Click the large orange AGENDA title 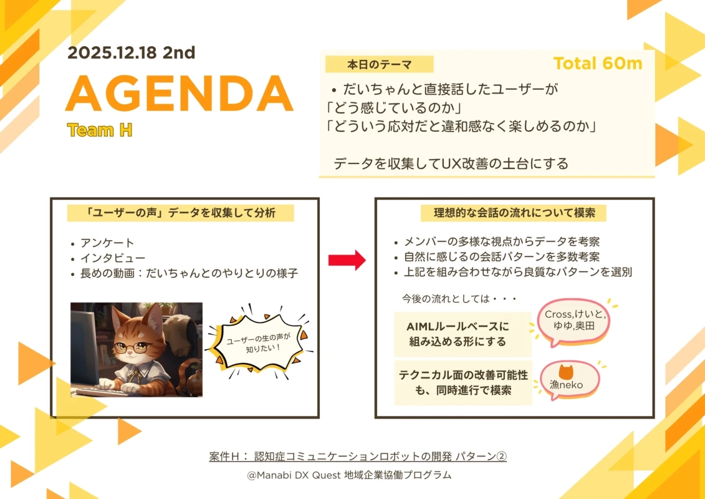[x=180, y=94]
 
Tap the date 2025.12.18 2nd [x=131, y=52]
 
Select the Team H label [x=99, y=130]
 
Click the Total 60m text [x=597, y=64]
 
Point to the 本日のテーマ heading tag [x=379, y=64]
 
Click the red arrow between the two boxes [x=347, y=260]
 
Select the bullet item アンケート [x=107, y=243]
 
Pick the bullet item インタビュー [x=113, y=258]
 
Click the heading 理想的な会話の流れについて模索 [x=514, y=213]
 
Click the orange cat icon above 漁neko [x=565, y=372]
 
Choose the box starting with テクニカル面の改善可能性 [x=463, y=382]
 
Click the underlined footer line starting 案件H [x=358, y=457]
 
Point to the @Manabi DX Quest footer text [x=349, y=475]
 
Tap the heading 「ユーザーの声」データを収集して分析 [x=180, y=213]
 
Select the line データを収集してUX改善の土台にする [x=451, y=164]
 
